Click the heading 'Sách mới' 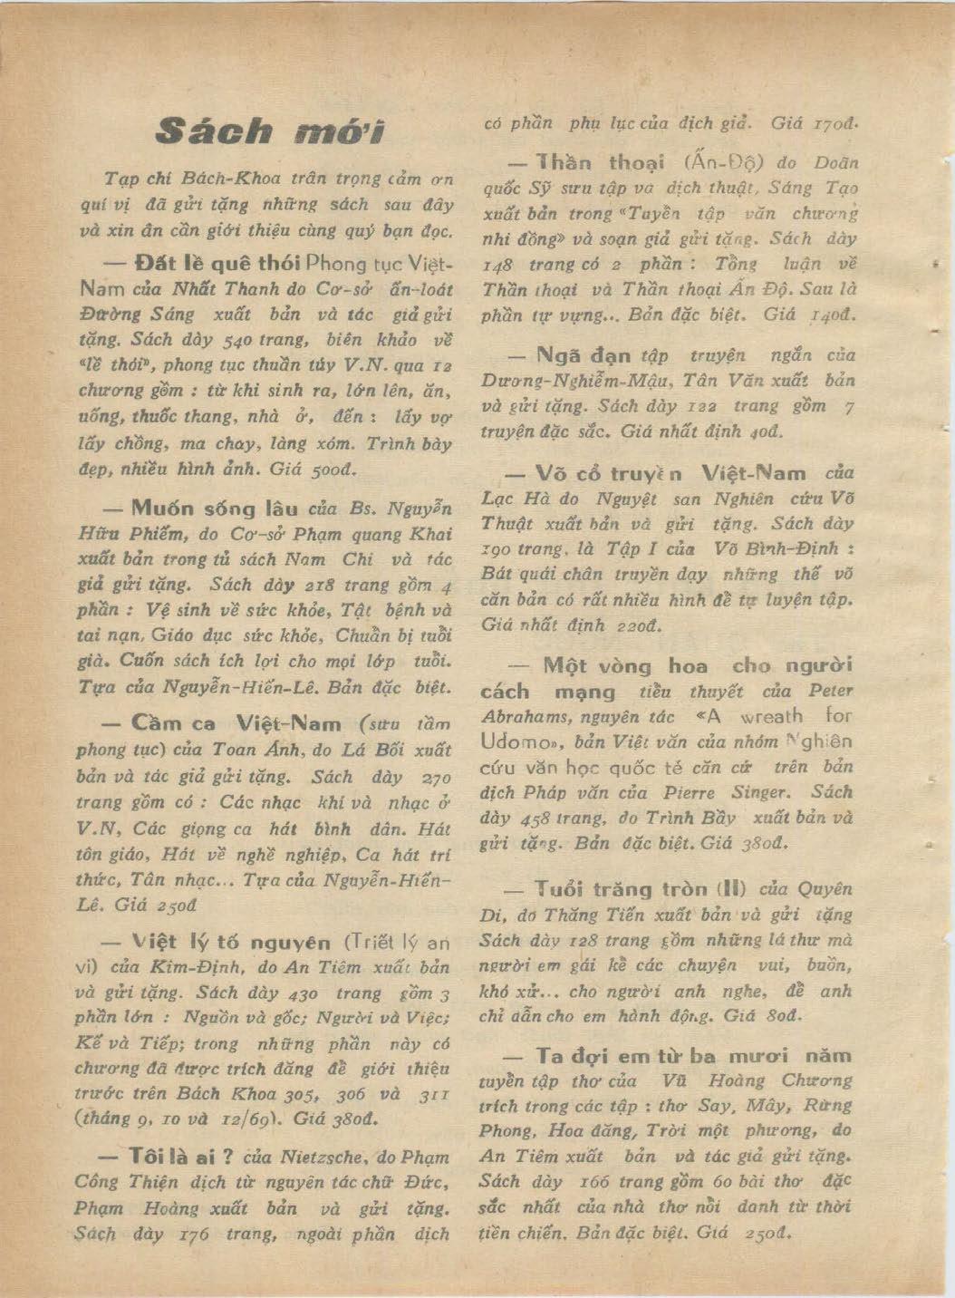pyautogui.click(x=269, y=132)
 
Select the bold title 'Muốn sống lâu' pyautogui.click(x=215, y=507)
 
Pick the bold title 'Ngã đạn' pyautogui.click(x=584, y=355)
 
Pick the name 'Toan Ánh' pyautogui.click(x=246, y=750)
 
